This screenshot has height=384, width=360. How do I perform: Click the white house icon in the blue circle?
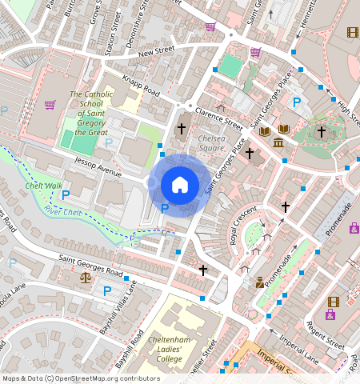coord(180,186)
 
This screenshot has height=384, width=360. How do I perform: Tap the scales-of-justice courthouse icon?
coord(86,278)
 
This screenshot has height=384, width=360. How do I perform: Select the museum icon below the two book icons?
coord(278,142)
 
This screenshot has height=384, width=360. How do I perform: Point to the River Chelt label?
coord(63,210)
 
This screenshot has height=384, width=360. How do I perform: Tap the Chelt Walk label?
coord(43,186)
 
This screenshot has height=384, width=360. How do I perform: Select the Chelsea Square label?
coord(210,142)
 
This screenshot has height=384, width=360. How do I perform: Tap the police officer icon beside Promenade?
coord(260,282)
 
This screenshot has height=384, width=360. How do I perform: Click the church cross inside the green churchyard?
coord(322,132)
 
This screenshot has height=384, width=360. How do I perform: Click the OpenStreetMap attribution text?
coord(80,378)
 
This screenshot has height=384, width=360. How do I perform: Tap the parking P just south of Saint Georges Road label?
coord(106,291)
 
